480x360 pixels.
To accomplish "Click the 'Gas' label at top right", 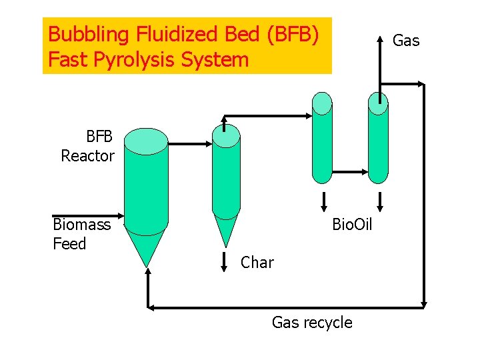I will coord(406,41).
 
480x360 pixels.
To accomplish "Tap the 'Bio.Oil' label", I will coord(352,225).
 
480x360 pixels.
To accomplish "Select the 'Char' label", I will coord(257,263).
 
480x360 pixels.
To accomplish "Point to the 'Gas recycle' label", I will coord(312,323).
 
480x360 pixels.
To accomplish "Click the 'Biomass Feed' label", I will coord(81,234).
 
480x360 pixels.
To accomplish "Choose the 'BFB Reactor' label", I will coord(88,147).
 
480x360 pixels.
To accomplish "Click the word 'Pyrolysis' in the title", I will coord(137,60).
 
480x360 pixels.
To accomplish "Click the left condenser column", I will coord(322,140).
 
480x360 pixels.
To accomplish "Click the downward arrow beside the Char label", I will coord(226,261).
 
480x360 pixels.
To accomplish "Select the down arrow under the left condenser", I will coord(323,201).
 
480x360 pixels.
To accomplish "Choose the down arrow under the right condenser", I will coord(379,201).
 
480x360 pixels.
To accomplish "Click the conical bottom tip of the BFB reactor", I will coord(147,262).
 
